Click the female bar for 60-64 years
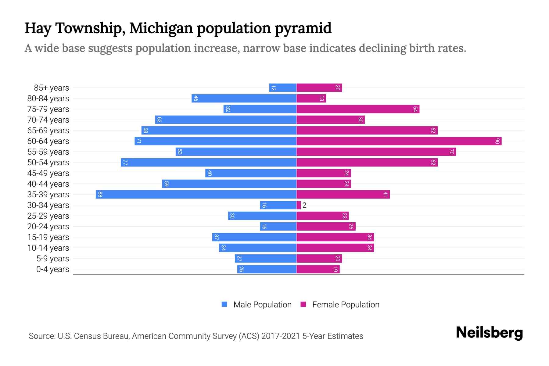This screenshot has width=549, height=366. tap(399, 141)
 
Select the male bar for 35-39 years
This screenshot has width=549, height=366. tap(196, 194)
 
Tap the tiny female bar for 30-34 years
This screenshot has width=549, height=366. tap(299, 205)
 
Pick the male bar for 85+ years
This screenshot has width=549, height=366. tap(283, 88)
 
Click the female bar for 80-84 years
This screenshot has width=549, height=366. tap(311, 98)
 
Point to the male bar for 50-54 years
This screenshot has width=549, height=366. tap(209, 162)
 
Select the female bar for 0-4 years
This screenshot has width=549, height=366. tap(318, 269)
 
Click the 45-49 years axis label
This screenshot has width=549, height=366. tap(48, 173)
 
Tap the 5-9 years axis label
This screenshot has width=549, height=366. tap(52, 258)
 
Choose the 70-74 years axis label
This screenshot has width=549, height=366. tap(48, 120)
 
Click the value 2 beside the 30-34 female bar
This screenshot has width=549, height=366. tap(304, 205)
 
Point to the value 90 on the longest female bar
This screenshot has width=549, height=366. tap(497, 141)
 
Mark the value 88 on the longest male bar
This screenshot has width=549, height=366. tap(100, 194)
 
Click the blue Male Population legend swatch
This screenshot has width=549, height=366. tap(224, 304)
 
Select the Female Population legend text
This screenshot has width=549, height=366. tap(346, 304)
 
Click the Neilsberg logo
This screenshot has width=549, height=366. tap(489, 332)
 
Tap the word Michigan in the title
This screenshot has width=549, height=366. tap(161, 28)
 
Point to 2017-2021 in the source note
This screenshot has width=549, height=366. tap(280, 336)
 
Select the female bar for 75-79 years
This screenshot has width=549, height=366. tap(358, 109)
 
